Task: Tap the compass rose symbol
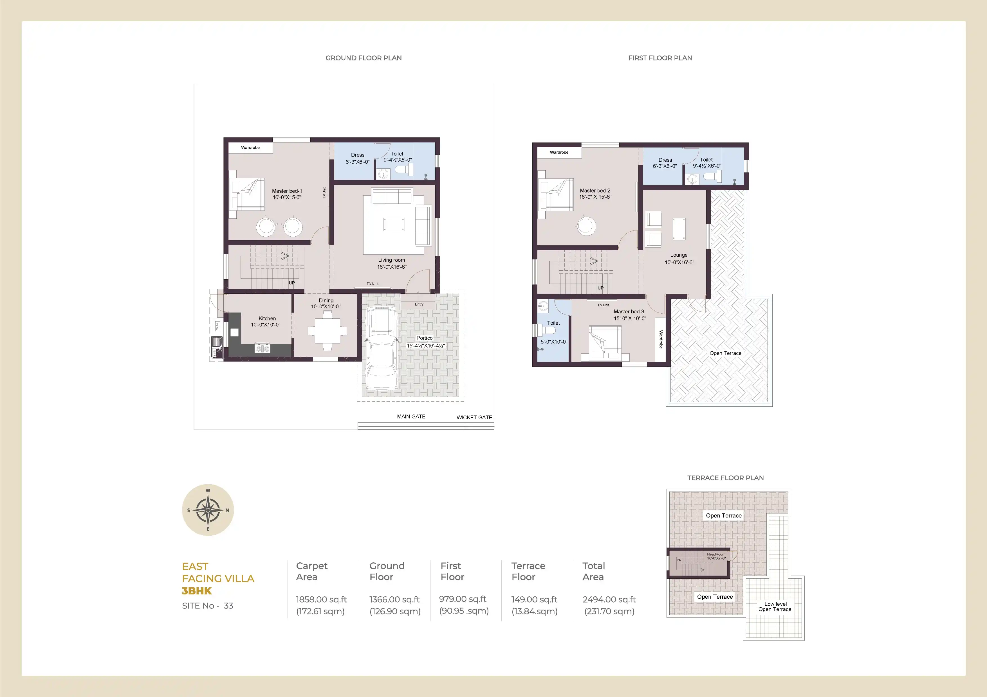click(208, 510)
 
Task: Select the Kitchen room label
click(267, 319)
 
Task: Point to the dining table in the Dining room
click(327, 331)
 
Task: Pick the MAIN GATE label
click(411, 417)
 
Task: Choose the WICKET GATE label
click(474, 417)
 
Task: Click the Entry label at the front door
click(419, 304)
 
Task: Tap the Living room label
click(391, 260)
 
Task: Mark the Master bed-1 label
click(287, 191)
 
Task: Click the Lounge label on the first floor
click(679, 255)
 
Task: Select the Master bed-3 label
click(629, 312)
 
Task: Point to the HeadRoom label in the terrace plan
click(716, 555)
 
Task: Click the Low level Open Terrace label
click(775, 607)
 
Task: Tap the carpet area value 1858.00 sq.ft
click(321, 599)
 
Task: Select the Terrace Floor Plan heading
click(725, 478)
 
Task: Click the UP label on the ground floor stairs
click(292, 283)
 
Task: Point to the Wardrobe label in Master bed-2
click(559, 152)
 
